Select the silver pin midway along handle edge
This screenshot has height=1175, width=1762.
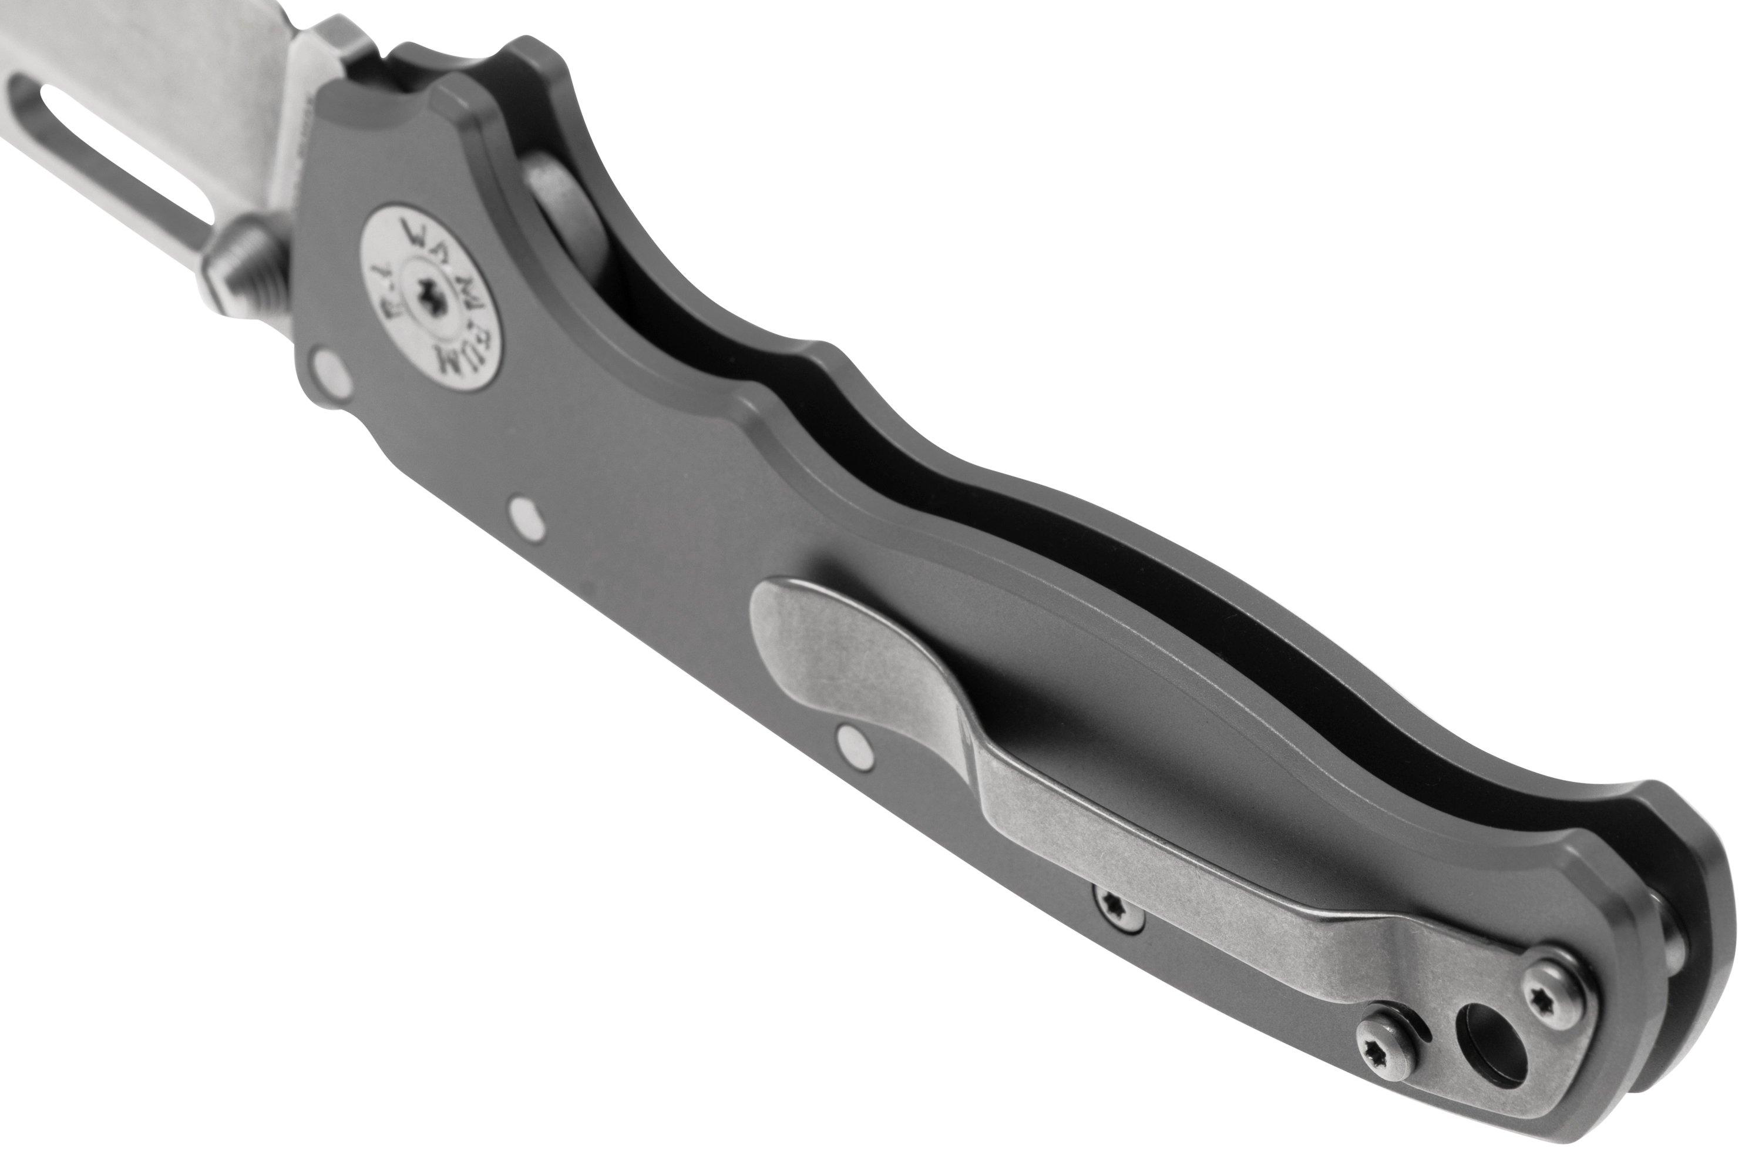click(527, 514)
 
